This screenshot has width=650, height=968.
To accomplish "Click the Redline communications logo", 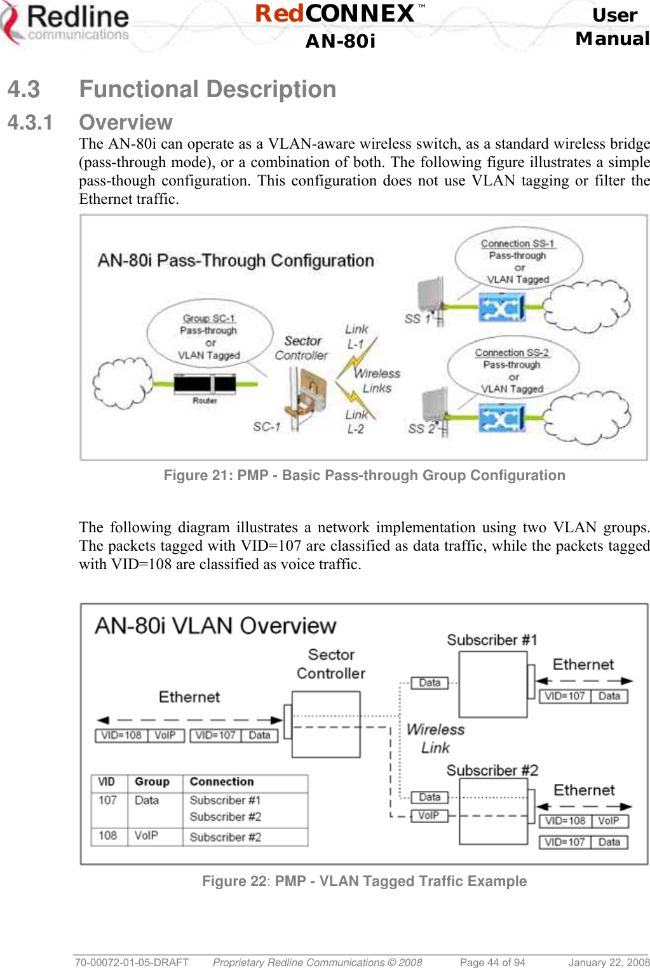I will point(66,24).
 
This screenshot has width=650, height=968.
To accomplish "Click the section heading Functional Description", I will point(207,90).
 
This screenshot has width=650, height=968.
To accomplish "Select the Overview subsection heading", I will point(126,122).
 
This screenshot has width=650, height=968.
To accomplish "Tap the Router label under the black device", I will point(205,401).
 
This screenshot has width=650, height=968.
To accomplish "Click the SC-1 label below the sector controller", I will point(266,427).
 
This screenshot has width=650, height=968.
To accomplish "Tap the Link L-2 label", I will point(356,422).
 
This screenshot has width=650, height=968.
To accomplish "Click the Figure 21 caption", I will point(364,475).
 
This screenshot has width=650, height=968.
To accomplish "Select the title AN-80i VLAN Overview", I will point(215,626).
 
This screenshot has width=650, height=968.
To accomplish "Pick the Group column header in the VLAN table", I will point(152,782).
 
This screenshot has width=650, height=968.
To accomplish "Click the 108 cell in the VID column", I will point(108,836).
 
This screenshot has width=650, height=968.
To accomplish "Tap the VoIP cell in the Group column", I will point(146,836).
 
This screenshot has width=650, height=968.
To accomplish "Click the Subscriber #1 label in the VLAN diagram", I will point(492,640).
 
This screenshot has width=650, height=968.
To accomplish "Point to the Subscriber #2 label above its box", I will point(492,770).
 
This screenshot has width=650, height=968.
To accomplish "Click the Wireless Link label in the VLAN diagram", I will point(435,738).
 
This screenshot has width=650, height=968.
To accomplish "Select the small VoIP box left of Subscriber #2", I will point(429,816).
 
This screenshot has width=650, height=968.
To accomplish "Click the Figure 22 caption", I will point(364,881).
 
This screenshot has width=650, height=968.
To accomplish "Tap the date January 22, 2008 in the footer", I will point(609,962).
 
